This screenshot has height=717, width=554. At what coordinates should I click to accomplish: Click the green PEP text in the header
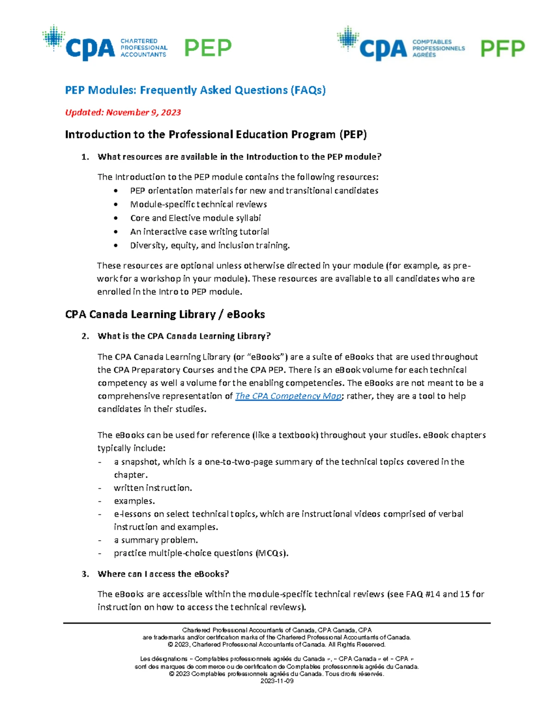point(208,48)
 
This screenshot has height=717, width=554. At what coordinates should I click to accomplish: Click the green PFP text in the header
point(502,48)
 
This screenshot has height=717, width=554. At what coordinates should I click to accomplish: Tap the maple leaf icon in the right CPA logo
point(348,38)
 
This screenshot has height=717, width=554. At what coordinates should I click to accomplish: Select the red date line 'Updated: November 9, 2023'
point(123,113)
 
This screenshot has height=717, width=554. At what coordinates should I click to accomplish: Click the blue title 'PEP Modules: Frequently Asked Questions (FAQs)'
point(195,90)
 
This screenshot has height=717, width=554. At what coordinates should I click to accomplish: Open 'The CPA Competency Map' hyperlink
point(289,396)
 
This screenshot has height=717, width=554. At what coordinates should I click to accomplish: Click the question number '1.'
point(85,157)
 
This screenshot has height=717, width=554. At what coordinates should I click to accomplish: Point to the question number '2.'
point(85,336)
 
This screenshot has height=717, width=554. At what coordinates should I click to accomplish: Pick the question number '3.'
point(85,574)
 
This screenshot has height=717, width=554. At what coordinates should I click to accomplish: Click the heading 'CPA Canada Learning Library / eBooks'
point(165,314)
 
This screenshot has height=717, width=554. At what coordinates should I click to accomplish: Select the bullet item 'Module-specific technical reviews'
point(199,205)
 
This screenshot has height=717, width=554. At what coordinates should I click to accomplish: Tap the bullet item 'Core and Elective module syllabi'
point(195,218)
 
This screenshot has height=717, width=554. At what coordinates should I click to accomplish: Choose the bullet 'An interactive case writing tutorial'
point(199,232)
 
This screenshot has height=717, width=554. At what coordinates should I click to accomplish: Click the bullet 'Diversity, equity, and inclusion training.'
point(210,246)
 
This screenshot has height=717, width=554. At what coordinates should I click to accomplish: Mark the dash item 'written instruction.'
point(153,488)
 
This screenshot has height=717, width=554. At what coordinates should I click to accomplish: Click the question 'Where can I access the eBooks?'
point(163,574)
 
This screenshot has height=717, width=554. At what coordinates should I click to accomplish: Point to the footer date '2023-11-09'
point(277,681)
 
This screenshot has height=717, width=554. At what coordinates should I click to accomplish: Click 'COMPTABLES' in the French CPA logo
point(432,42)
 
